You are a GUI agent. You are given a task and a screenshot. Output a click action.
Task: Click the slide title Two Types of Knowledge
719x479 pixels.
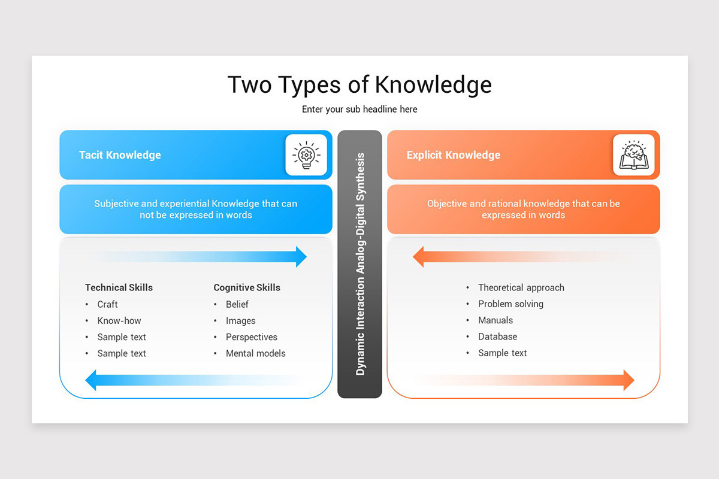coord(359,84)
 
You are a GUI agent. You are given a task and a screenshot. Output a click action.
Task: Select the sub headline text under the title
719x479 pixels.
coord(359,110)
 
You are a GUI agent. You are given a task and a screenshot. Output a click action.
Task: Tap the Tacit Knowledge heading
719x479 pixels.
coord(120,155)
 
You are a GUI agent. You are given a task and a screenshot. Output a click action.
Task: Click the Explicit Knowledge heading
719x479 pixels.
coord(453,155)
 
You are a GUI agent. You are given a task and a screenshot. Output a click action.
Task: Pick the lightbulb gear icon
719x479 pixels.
coord(306,155)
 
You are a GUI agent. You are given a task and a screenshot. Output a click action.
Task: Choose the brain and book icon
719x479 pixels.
coord(633,155)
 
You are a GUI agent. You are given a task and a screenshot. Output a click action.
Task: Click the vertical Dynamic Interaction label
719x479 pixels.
coord(360,264)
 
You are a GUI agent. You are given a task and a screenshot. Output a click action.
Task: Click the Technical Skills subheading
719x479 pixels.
coord(119,287)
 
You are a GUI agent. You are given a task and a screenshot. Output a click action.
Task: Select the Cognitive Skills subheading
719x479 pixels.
coord(247,287)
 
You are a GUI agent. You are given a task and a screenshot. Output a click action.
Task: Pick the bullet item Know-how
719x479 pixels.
coord(119,320)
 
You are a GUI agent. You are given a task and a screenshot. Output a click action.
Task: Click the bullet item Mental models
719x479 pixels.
coord(255,353)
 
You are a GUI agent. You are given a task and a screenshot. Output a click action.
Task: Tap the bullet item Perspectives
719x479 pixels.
coord(251,337)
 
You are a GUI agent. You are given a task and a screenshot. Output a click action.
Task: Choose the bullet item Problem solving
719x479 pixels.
coord(510,304)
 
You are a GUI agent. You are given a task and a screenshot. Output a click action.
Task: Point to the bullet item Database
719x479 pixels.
coord(497,336)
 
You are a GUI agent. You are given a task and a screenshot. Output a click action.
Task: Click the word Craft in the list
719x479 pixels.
coord(107,304)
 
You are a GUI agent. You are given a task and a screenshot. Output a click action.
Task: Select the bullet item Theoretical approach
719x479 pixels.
coord(521,287)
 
